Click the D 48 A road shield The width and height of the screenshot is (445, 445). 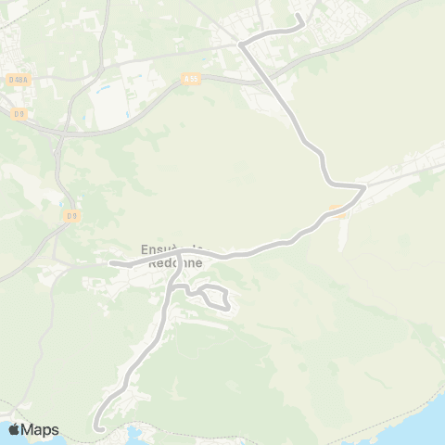(17, 80)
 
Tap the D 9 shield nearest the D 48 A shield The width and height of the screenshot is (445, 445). (19, 113)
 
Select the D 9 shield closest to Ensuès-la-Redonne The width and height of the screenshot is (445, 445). (71, 216)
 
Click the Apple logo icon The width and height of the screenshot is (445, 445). (14, 429)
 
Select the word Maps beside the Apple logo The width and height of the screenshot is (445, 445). (40, 429)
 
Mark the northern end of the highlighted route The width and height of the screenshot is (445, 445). (298, 17)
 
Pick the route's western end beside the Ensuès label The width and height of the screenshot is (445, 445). (110, 262)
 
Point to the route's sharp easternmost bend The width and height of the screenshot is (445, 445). (364, 186)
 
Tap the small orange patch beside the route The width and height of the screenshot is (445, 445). (338, 208)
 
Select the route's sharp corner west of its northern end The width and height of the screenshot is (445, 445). (240, 44)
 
